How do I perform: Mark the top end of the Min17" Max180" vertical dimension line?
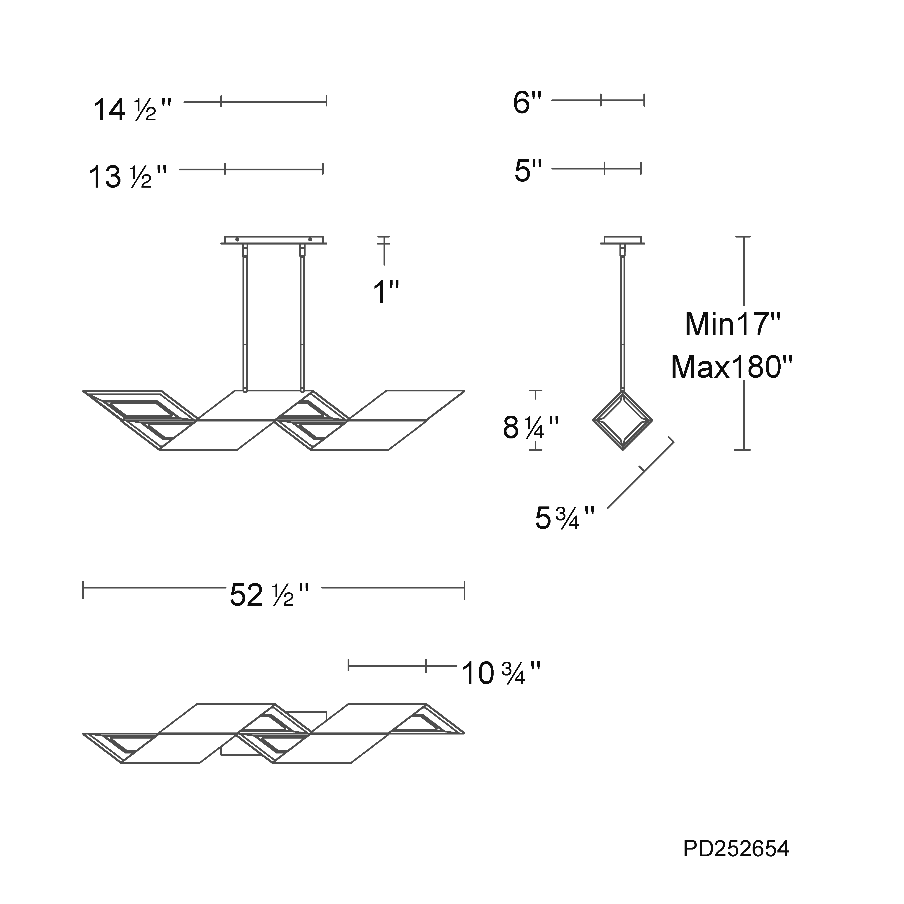tap(743, 237)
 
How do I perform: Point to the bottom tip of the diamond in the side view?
tap(623, 450)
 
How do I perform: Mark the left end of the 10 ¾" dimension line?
tap(348, 665)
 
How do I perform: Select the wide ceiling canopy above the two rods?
tap(274, 240)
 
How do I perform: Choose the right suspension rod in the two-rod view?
tap(302, 318)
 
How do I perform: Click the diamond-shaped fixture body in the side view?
tap(623, 421)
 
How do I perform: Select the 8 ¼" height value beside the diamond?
tap(531, 427)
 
